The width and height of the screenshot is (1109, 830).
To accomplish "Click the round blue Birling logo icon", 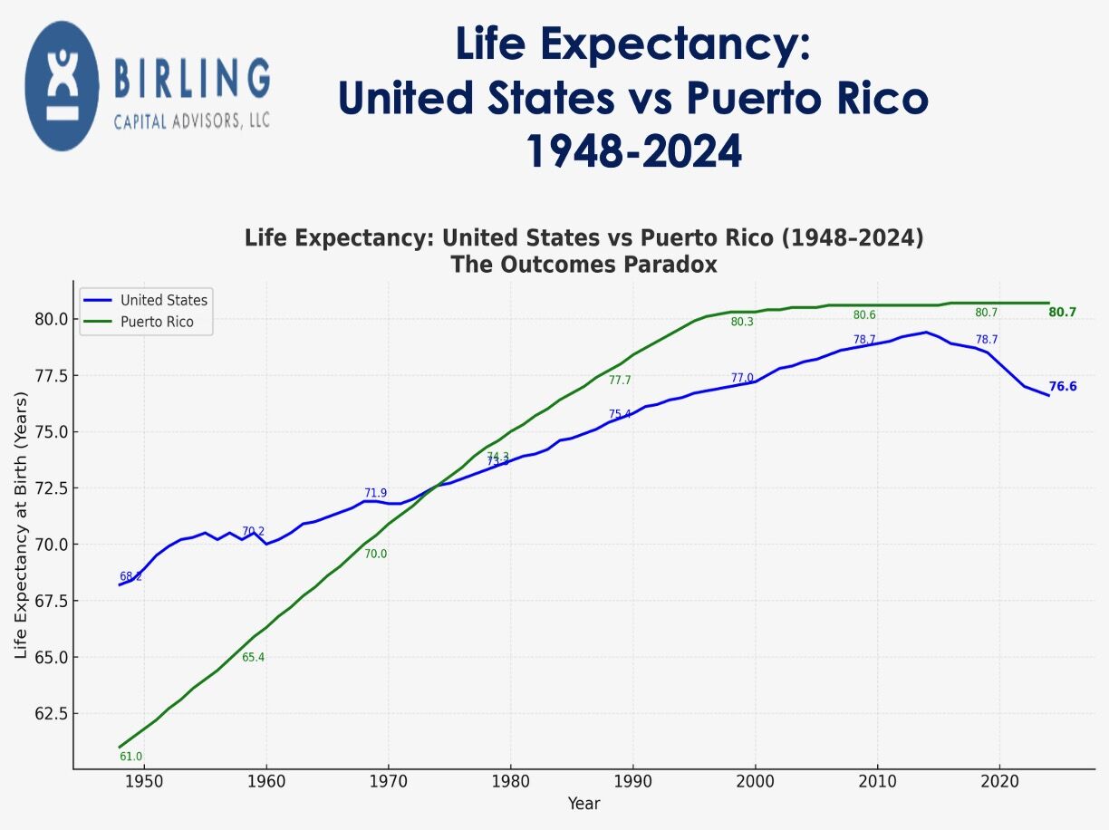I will (x=62, y=86).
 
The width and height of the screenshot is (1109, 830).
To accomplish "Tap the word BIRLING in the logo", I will (x=192, y=80).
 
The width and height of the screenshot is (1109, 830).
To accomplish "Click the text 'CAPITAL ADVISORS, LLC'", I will (x=191, y=121).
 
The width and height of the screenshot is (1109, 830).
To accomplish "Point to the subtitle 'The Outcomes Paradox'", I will (x=583, y=265).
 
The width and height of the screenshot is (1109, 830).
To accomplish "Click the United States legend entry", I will (x=163, y=300).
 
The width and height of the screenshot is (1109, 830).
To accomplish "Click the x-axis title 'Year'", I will (x=583, y=804).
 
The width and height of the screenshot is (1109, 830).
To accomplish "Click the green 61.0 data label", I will (x=130, y=757).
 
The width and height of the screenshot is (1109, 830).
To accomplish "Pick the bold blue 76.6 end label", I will (x=1062, y=387).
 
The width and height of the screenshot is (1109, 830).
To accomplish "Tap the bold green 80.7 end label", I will (x=1062, y=313).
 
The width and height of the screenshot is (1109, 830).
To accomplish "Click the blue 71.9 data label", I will (x=375, y=493).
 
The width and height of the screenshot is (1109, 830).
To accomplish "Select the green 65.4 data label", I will (x=253, y=657).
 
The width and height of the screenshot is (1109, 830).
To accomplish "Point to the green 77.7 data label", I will (x=620, y=381).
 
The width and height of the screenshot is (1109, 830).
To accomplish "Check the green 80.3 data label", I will (x=742, y=322).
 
